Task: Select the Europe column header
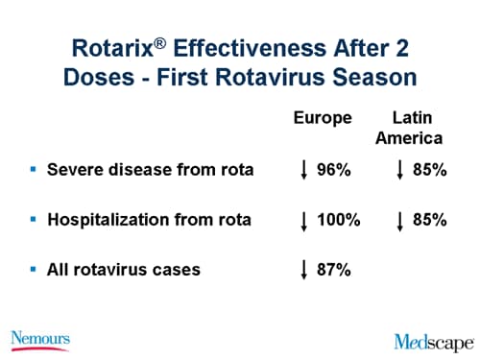click(323, 118)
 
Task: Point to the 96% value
click(334, 171)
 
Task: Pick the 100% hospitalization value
click(338, 220)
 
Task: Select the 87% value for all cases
click(334, 270)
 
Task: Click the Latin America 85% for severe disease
click(429, 171)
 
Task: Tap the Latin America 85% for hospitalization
click(429, 220)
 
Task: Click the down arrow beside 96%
click(303, 172)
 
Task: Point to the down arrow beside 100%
click(303, 221)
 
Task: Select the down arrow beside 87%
click(303, 271)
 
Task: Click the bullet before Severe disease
click(33, 170)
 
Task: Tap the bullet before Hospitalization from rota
click(33, 220)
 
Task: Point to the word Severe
click(73, 171)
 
